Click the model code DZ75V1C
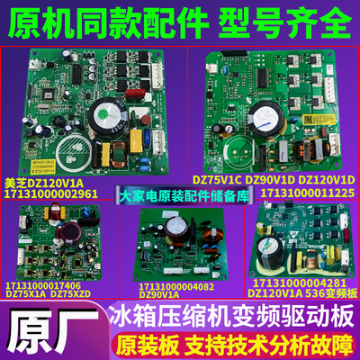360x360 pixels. coord(211,179)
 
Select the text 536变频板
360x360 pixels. coord(328,295)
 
